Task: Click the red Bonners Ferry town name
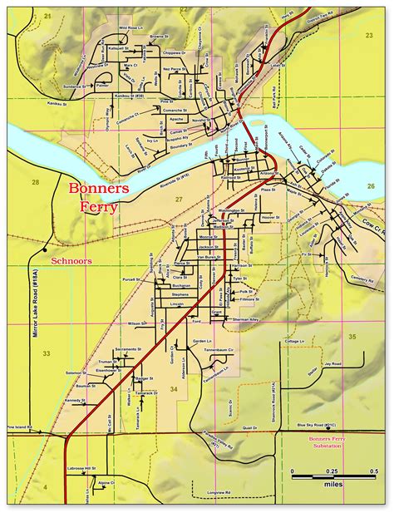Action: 99,197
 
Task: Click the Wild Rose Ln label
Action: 131,27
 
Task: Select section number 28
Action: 35,181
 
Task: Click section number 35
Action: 352,336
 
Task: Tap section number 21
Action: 47,16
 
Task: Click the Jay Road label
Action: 333,363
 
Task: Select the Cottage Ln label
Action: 294,342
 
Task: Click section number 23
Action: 369,36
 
